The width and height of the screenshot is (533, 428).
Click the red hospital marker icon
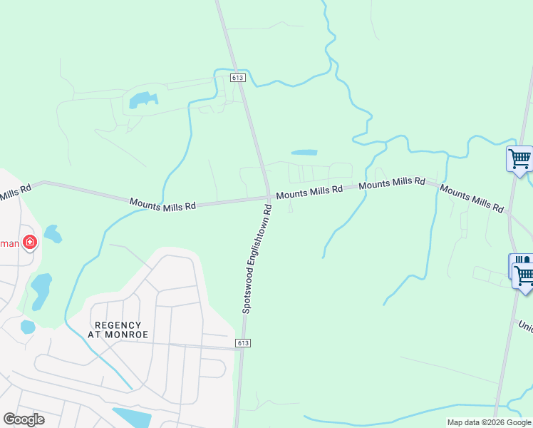(30, 243)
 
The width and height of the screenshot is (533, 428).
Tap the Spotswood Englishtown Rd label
(257, 259)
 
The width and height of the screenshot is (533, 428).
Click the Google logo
(24, 419)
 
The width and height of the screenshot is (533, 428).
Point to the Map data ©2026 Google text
(489, 422)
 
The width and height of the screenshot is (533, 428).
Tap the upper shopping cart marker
(519, 158)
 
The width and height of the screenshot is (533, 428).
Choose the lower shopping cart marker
(524, 274)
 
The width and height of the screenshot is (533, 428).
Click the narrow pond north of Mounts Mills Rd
(304, 152)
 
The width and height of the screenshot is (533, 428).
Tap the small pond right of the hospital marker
(52, 233)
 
